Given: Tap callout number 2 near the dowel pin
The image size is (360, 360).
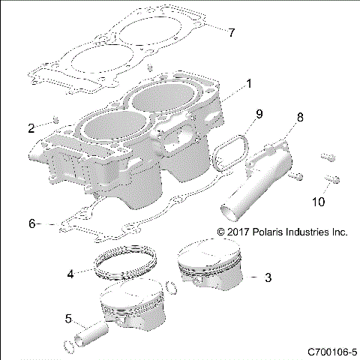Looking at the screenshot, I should point(31,128).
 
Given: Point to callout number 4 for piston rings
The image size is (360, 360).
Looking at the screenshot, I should point(70,274).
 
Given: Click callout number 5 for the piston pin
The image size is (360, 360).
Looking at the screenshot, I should point(69,319).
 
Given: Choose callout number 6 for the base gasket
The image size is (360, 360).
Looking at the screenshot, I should point(31,223).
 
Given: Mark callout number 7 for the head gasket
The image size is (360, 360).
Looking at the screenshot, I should point(232,32).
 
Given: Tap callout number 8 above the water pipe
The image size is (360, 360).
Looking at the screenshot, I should point(300,117).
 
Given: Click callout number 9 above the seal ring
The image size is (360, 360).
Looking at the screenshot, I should point(258,114).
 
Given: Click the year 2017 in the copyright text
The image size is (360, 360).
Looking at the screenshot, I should point(237,233).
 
